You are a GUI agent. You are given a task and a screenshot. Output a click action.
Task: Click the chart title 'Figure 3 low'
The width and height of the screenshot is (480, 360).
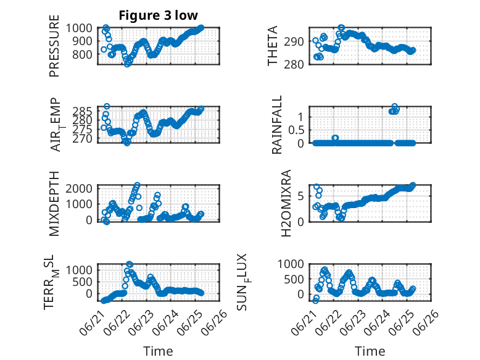(159, 15)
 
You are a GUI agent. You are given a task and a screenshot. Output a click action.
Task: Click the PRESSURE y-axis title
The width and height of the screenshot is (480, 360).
(54, 46)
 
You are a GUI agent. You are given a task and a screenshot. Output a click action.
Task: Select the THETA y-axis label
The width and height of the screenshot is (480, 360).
(272, 46)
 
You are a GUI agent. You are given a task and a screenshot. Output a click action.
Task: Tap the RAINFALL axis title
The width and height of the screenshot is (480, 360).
(277, 125)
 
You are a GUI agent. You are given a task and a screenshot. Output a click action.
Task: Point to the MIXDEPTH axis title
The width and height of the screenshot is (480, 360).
(54, 204)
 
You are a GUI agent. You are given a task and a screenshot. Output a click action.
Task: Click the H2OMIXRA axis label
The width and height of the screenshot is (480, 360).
(286, 203)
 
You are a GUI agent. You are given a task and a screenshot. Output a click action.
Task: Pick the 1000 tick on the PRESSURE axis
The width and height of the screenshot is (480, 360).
(79, 28)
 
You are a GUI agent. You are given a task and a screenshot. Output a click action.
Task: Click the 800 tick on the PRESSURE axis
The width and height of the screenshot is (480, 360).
(82, 54)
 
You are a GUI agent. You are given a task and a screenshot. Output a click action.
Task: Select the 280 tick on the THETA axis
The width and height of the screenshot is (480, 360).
(294, 64)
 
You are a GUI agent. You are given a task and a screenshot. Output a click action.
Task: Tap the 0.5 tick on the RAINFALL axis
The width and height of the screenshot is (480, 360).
(296, 130)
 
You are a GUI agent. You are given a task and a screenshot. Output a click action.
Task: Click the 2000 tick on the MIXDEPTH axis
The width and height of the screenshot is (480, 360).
(79, 188)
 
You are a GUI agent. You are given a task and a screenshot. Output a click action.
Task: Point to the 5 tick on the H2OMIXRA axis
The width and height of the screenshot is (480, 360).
(300, 196)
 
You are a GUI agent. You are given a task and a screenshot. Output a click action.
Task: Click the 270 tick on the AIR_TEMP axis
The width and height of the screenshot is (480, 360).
(82, 139)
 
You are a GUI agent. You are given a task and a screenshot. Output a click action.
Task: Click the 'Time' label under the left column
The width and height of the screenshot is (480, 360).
(159, 351)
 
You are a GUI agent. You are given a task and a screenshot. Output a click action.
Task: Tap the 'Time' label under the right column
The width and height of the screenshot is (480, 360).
(370, 351)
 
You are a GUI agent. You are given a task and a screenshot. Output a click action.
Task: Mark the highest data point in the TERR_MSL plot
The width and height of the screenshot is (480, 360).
(130, 264)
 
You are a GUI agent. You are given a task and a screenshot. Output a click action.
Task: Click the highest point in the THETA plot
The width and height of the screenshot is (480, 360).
(341, 28)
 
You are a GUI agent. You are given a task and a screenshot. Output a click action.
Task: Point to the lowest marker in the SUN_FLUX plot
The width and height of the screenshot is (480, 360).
(315, 301)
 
